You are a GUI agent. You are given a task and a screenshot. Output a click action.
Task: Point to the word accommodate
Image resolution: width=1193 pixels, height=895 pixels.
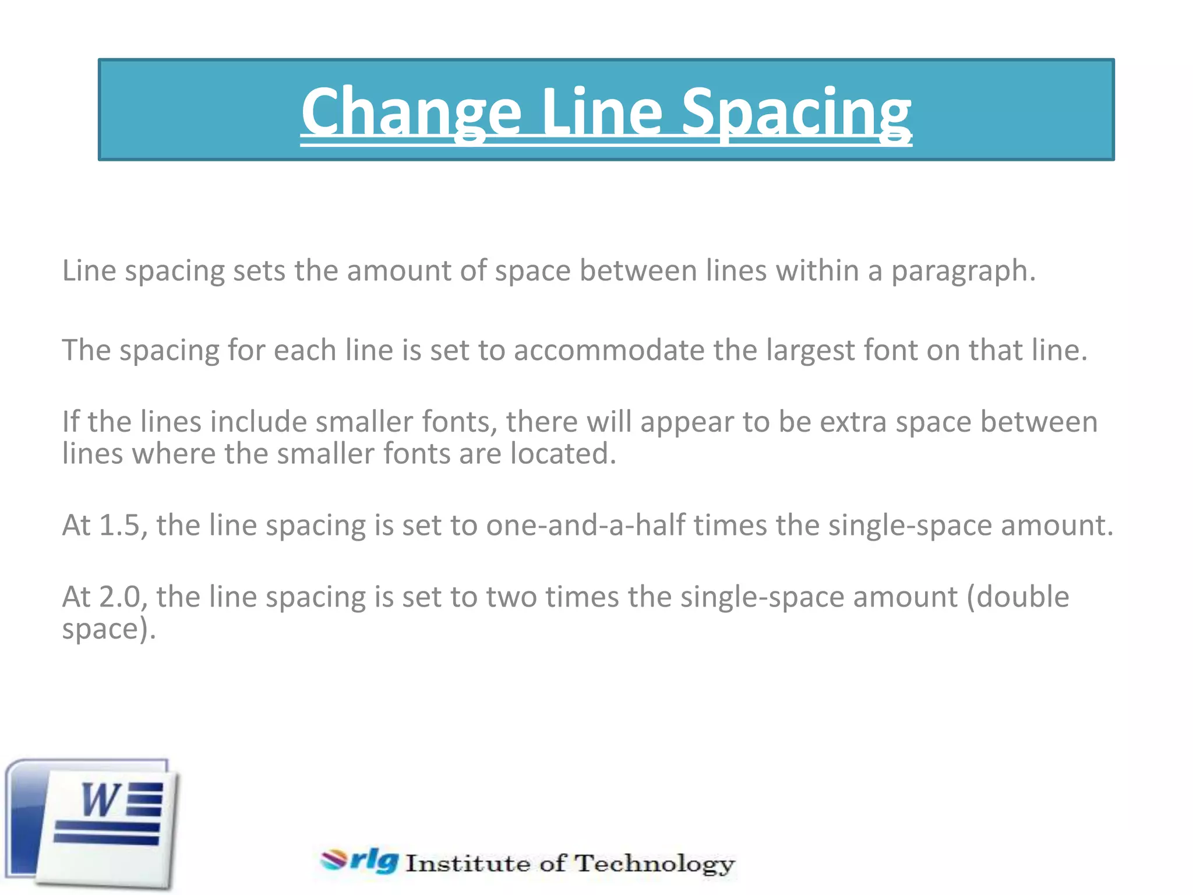609,350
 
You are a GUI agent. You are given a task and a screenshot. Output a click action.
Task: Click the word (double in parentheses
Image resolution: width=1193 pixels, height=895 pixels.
1018,597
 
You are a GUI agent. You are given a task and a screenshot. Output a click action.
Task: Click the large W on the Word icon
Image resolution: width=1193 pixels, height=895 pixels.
101,800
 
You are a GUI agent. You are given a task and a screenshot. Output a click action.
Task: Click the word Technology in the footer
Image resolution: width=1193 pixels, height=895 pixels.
655,863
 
